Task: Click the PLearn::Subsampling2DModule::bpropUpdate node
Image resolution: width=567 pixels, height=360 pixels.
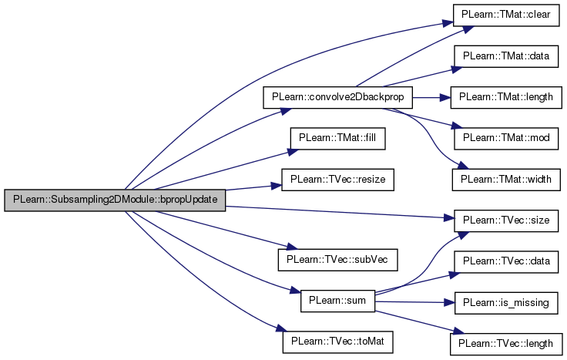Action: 115,200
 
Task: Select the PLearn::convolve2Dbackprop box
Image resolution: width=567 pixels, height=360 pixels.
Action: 337,97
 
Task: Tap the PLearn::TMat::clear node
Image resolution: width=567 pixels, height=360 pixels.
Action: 506,15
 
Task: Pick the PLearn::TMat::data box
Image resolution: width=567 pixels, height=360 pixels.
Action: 506,56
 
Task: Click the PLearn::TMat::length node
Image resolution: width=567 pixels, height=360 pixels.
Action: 506,97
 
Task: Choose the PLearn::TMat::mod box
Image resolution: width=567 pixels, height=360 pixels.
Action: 506,138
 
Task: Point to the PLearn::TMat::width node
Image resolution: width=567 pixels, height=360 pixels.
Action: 506,180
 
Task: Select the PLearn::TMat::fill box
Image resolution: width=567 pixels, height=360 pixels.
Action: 337,138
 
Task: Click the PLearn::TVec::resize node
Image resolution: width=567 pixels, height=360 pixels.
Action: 337,180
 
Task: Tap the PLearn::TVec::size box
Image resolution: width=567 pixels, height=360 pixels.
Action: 506,220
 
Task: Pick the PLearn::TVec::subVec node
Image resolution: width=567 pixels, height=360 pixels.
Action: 337,260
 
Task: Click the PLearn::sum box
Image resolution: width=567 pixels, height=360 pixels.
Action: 337,301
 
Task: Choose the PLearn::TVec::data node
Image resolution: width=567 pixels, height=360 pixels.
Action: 506,261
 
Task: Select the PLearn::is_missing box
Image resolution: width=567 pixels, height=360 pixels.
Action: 506,303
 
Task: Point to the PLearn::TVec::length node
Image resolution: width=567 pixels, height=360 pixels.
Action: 506,344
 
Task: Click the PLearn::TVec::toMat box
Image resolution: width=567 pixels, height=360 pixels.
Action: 337,342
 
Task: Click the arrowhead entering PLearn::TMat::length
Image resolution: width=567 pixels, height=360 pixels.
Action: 445,98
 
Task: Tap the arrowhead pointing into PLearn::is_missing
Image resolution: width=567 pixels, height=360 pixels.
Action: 449,302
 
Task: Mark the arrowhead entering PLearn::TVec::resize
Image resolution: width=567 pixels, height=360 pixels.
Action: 277,186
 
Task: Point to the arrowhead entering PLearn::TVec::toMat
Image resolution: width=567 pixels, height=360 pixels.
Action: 281,328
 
